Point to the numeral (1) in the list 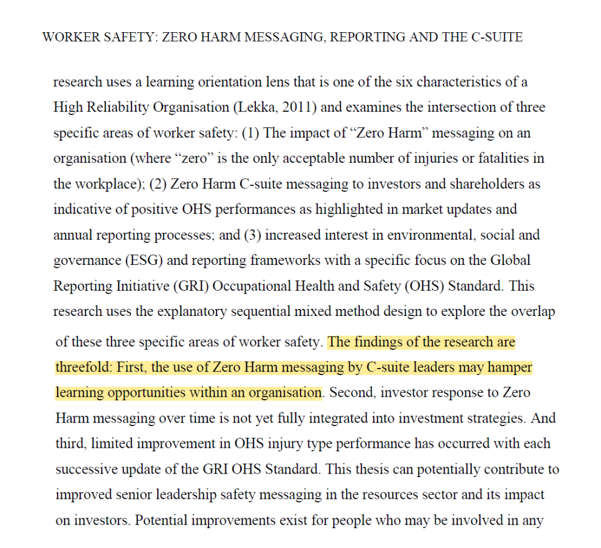250,133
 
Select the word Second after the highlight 350,393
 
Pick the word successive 85,469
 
